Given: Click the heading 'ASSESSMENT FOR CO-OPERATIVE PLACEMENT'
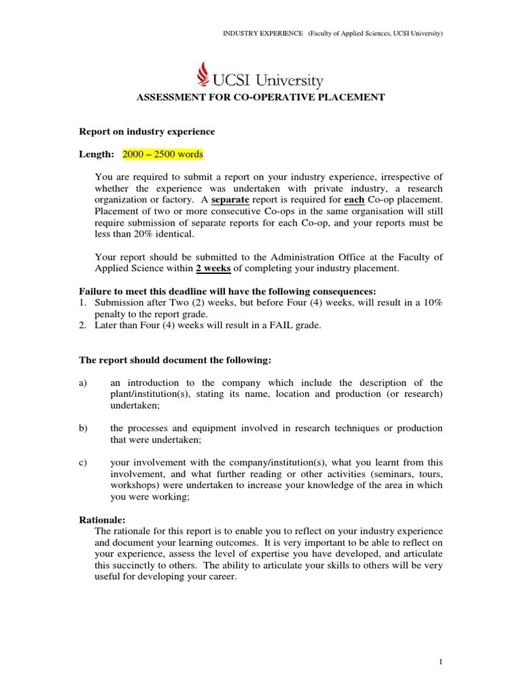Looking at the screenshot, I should click(261, 98).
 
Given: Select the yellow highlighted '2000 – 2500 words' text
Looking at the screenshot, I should click(162, 154).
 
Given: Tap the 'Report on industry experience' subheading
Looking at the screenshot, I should click(147, 131).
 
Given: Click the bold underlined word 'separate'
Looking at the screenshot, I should click(230, 200).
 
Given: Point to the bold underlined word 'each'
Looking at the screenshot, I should click(353, 200).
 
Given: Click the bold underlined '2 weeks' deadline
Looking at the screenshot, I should click(213, 268).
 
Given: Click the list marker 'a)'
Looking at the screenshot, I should click(84, 383).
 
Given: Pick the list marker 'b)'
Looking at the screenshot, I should click(84, 428).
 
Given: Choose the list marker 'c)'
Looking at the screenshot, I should click(84, 463).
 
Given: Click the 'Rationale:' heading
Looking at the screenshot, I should click(103, 520).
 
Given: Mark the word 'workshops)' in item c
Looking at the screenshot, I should click(134, 485).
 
